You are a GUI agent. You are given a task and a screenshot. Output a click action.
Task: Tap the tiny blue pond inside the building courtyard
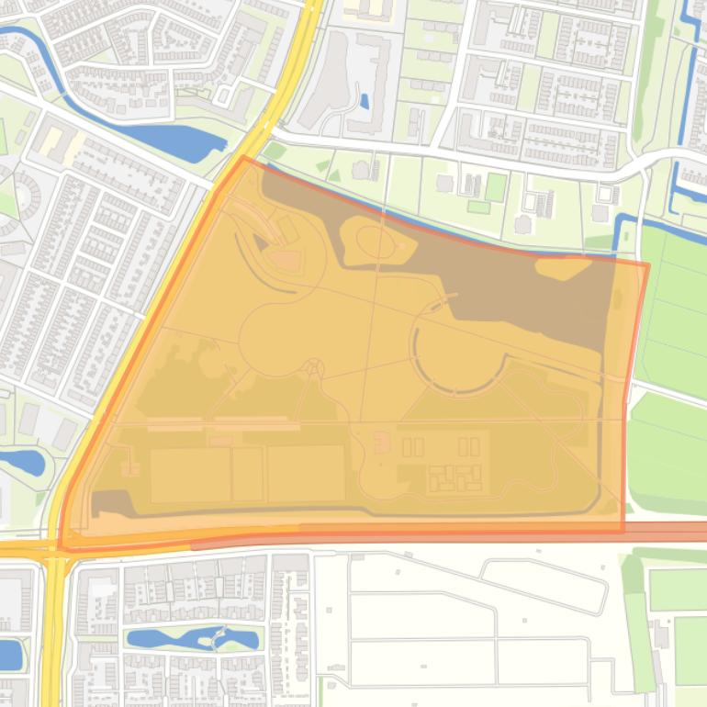365,101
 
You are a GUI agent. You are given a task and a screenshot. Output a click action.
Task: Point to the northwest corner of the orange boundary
243,159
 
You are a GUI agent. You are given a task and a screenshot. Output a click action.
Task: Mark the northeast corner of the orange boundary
647,265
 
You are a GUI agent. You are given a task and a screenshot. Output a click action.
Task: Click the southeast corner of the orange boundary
623,531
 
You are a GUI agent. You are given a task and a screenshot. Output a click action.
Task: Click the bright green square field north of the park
496,187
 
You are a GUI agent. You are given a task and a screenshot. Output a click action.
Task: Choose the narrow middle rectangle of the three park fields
248,474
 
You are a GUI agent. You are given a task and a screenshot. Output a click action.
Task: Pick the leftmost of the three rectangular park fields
191,475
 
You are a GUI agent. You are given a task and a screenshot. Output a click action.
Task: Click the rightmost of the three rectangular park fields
306,474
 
